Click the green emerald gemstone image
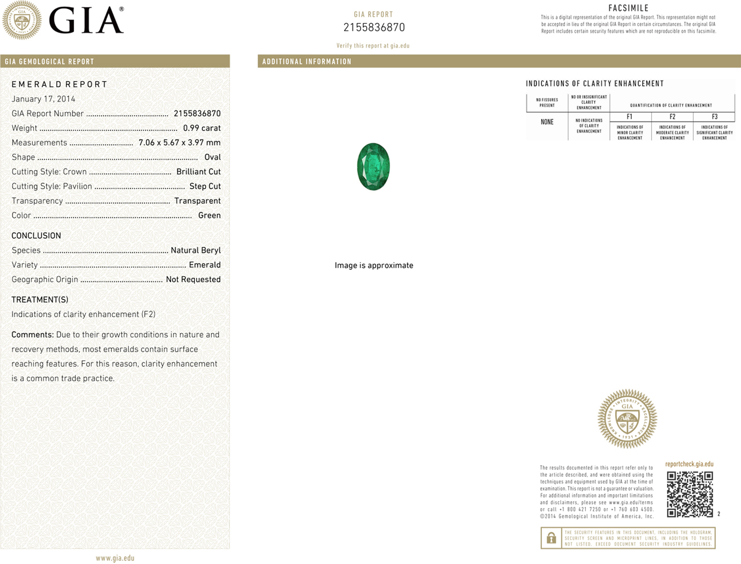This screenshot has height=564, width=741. coord(373,166)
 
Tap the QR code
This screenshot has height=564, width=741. coord(690,494)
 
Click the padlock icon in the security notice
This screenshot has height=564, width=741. coord(551,538)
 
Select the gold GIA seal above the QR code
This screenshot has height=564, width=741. coord(627,419)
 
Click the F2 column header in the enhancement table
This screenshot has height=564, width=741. coord(672,117)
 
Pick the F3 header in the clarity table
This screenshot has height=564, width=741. coord(714,117)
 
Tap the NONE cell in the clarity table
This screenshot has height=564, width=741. coord(547,122)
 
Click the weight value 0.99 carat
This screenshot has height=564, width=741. coord(202,128)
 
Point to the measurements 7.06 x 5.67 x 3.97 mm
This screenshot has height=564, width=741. coord(180,142)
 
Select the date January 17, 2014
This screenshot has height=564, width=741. coord(43,99)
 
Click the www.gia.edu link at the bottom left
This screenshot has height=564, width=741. coord(115,558)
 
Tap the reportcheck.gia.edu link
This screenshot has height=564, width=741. coord(689,464)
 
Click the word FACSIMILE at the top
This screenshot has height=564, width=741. coord(629,8)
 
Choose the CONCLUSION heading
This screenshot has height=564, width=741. coord(36,236)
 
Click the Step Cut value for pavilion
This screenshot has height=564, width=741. coord(205,186)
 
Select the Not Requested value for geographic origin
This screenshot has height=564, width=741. coord(193,279)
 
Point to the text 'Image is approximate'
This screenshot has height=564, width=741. coord(374,265)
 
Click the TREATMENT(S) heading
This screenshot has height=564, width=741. coord(40,300)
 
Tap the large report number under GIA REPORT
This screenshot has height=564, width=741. coord(374,27)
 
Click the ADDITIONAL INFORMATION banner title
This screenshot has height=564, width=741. coord(307,61)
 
